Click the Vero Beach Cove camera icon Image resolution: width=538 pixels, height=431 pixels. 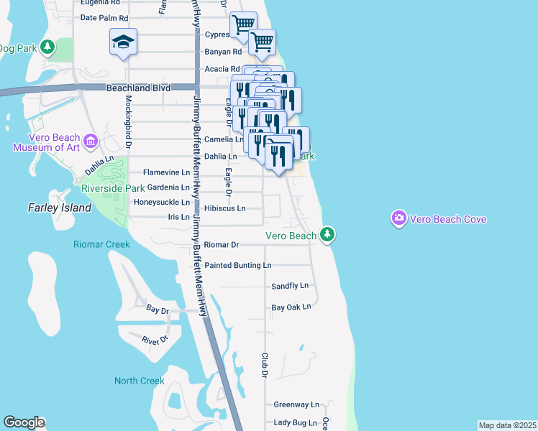pyautogui.click(x=398, y=217)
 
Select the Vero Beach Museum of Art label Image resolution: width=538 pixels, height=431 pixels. pyautogui.click(x=47, y=142)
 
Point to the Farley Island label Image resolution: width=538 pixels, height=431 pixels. pyautogui.click(x=60, y=208)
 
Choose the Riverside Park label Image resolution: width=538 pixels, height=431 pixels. pyautogui.click(x=113, y=188)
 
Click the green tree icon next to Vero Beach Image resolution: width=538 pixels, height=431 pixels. pyautogui.click(x=327, y=234)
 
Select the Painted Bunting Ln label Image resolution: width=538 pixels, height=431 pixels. pyautogui.click(x=238, y=265)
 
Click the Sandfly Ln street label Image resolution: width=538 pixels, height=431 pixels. pyautogui.click(x=290, y=286)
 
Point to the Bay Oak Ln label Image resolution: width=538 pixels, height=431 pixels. pyautogui.click(x=291, y=307)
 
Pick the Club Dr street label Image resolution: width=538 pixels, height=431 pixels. pyautogui.click(x=265, y=365)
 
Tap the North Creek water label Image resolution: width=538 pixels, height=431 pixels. pyautogui.click(x=139, y=381)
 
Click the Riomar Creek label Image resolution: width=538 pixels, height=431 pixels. pyautogui.click(x=101, y=244)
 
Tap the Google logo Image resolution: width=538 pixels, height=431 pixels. pyautogui.click(x=24, y=422)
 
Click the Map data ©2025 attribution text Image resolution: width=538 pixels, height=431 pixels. pyautogui.click(x=507, y=425)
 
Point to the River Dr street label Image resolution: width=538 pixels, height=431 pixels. pyautogui.click(x=155, y=340)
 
